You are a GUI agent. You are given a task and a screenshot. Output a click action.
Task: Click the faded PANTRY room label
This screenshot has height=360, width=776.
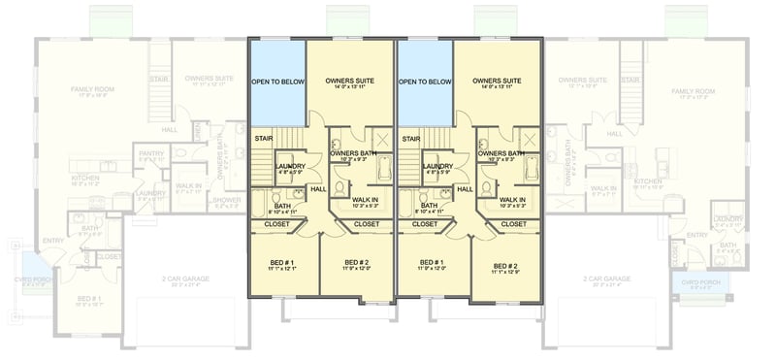pyautogui.click(x=151, y=153)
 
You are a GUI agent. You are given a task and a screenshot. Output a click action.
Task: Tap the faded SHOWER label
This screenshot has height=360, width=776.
pyautogui.click(x=225, y=201)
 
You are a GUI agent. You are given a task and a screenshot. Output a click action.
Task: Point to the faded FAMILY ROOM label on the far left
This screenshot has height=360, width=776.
pyautogui.click(x=92, y=90)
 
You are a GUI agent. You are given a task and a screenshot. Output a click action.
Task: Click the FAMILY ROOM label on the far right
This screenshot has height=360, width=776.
pyautogui.click(x=693, y=91)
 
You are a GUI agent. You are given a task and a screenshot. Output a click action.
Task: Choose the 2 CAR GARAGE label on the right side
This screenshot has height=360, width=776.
pyautogui.click(x=608, y=278)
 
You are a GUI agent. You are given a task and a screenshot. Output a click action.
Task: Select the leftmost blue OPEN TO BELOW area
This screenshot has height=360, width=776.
pyautogui.click(x=277, y=82)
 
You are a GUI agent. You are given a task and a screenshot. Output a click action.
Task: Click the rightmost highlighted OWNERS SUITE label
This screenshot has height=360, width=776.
pyautogui.click(x=497, y=81)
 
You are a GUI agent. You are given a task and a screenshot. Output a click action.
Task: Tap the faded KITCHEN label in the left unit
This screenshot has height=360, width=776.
pyautogui.click(x=84, y=179)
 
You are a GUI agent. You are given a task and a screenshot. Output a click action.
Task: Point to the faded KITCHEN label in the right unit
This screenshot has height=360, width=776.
pyautogui.click(x=648, y=181)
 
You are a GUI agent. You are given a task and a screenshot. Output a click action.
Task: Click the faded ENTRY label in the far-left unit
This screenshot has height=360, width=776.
pyautogui.click(x=53, y=240)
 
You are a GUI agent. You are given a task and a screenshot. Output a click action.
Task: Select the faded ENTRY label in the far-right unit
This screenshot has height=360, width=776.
pyautogui.click(x=696, y=235)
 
